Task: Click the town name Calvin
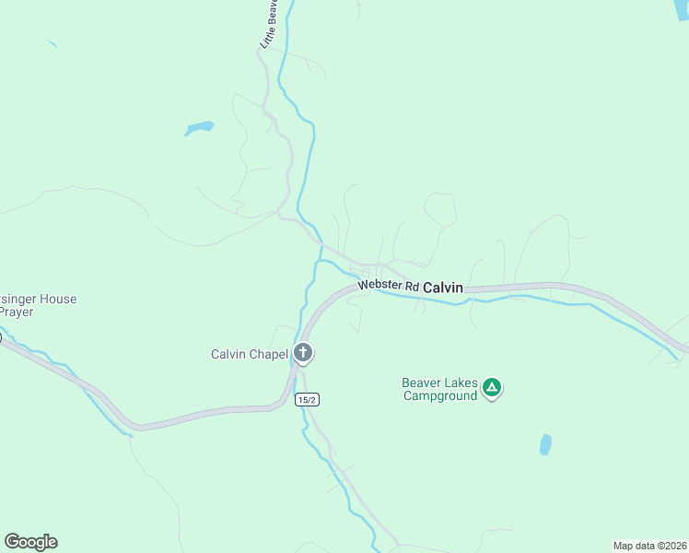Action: [x=442, y=288]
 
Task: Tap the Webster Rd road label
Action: [x=388, y=286]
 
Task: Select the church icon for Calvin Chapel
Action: [x=303, y=353]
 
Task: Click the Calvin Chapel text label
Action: [x=250, y=354]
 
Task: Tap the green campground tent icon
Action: [x=492, y=388]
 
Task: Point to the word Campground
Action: [x=440, y=395]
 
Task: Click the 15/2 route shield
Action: [x=308, y=399]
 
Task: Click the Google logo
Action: [x=30, y=542]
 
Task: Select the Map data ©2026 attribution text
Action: [x=649, y=546]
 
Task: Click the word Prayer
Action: [x=16, y=312]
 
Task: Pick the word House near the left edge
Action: [x=56, y=299]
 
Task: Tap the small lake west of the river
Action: [x=199, y=127]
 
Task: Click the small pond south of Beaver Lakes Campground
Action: [x=545, y=445]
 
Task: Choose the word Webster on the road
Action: [x=380, y=286]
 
